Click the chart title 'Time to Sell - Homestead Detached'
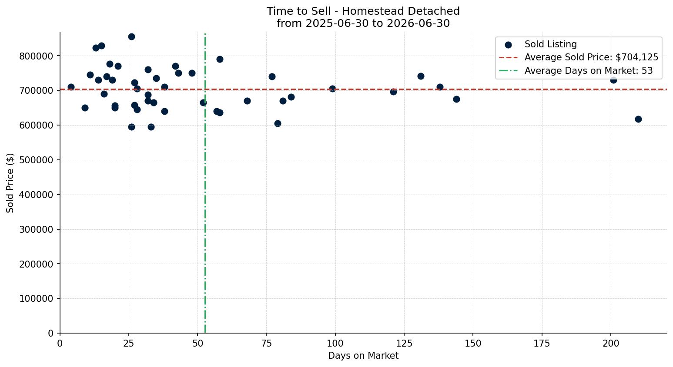(363, 11)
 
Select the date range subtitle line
(363, 23)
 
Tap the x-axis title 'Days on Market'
(363, 356)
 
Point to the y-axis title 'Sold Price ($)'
(10, 183)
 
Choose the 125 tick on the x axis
(404, 343)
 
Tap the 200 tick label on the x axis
(611, 343)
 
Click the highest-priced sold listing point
(131, 37)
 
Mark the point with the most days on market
(638, 119)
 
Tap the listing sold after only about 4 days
(71, 87)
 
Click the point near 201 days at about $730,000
(613, 80)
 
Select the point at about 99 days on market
(332, 89)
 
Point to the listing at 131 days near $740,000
(421, 76)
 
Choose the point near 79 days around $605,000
(278, 123)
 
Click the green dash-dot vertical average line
(205, 183)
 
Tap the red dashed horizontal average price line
(363, 89)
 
